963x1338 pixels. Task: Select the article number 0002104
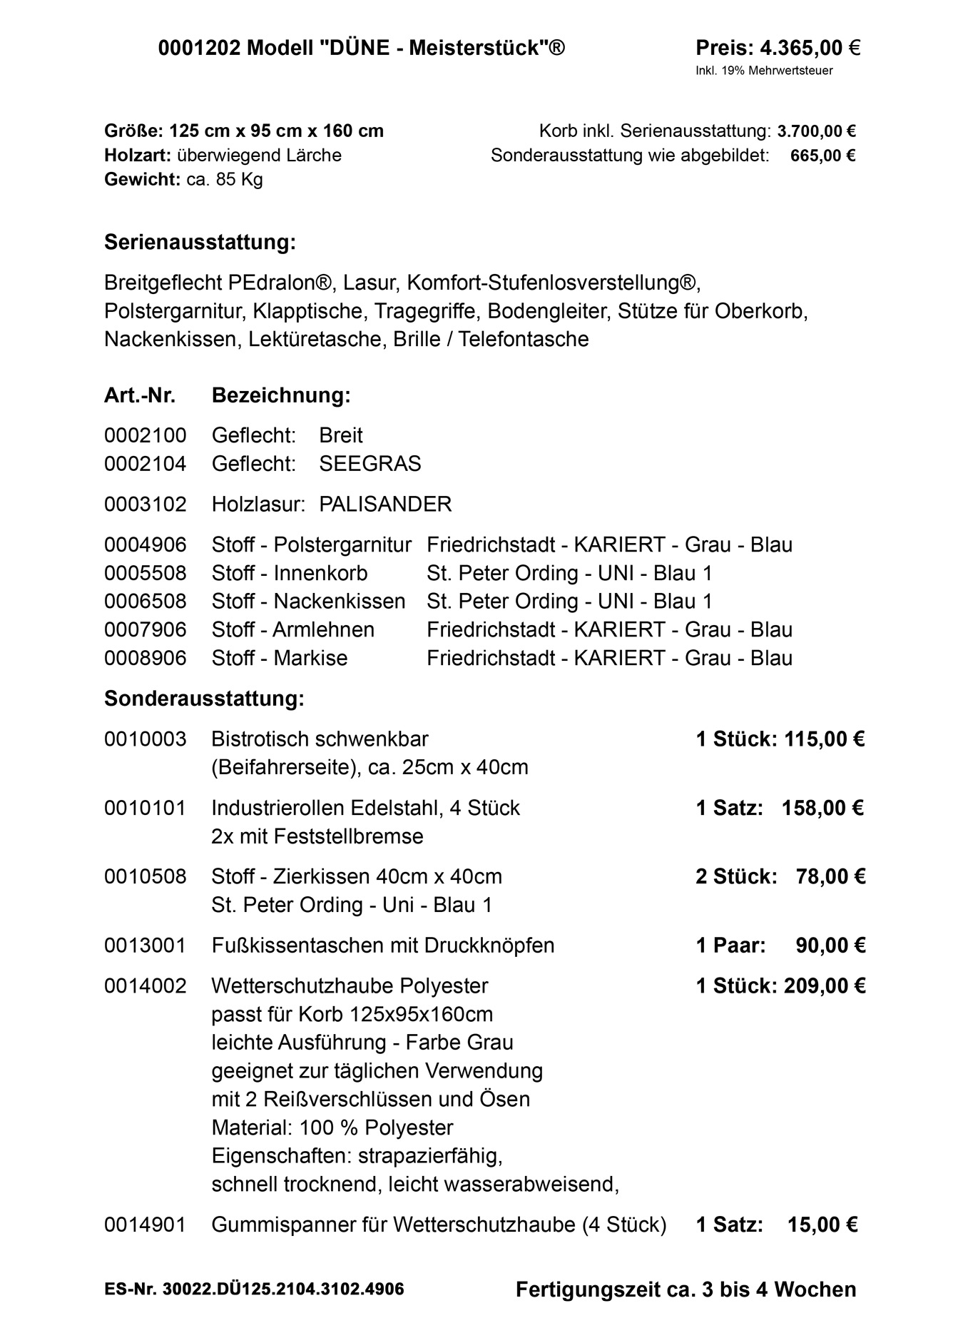point(145,464)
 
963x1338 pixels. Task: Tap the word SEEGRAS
point(370,464)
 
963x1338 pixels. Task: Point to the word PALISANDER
point(385,505)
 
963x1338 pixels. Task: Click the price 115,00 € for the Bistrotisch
point(824,739)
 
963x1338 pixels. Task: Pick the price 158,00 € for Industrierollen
point(822,808)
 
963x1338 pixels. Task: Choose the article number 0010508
point(145,876)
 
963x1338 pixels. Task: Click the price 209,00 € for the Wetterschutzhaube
point(825,985)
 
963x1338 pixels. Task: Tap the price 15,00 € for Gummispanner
point(822,1225)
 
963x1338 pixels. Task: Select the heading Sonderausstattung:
point(204,698)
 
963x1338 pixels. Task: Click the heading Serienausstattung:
point(200,243)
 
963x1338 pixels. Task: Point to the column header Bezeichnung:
point(281,395)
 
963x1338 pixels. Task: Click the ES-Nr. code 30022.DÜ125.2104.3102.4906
point(283,1289)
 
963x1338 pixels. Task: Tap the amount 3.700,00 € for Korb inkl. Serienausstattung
point(817,131)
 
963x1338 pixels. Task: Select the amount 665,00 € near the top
point(822,156)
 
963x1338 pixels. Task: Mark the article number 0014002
point(145,985)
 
